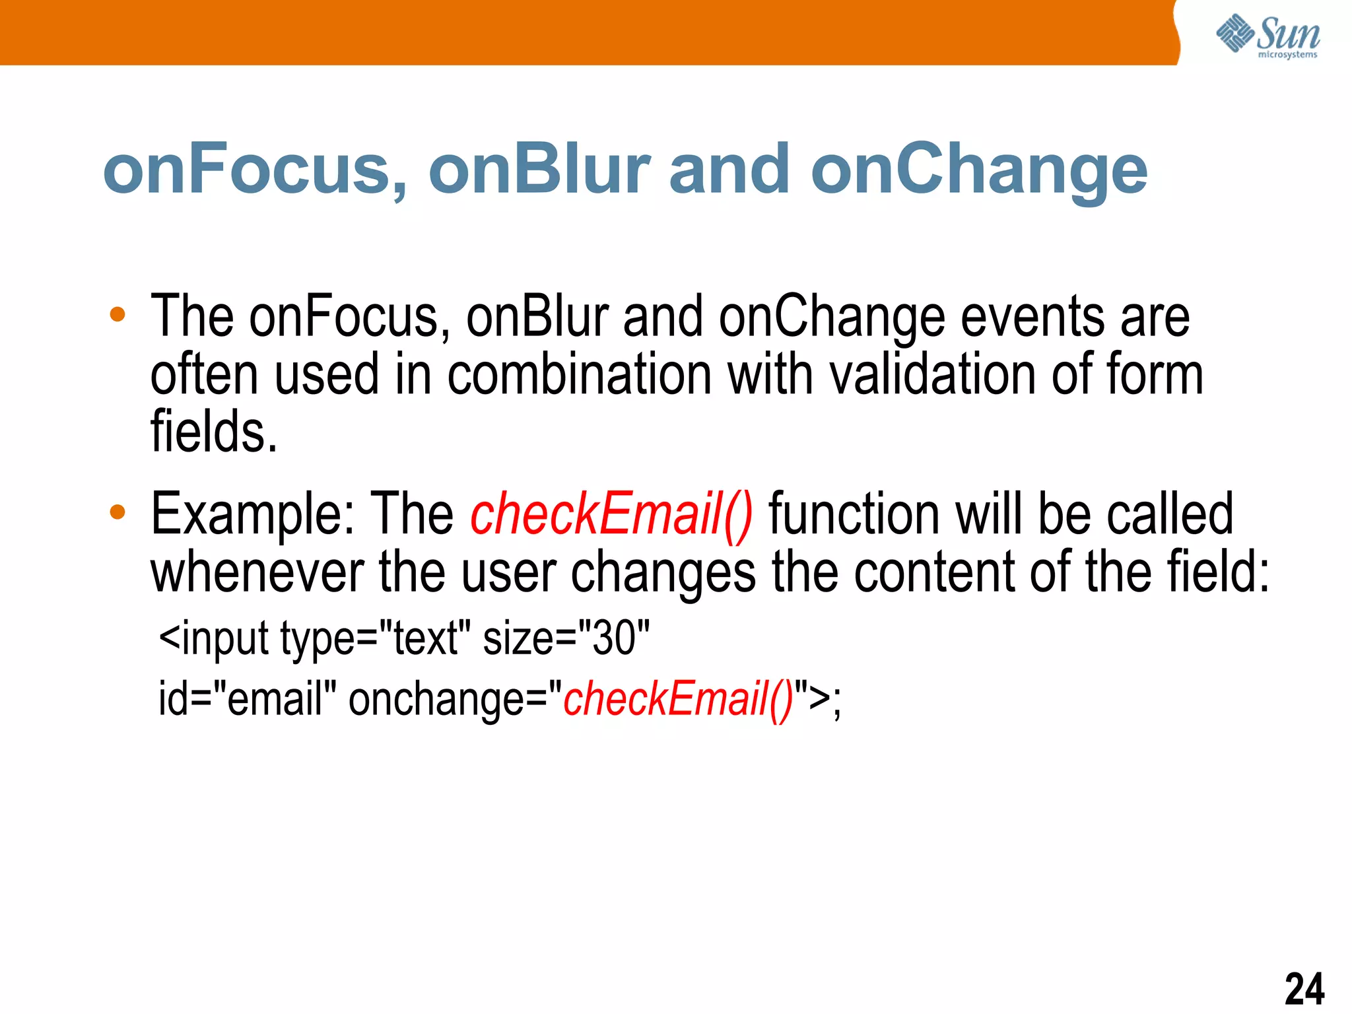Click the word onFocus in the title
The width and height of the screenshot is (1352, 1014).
[x=254, y=170]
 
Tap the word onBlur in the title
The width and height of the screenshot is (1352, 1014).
[x=539, y=170]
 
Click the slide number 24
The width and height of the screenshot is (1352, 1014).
[x=1304, y=988]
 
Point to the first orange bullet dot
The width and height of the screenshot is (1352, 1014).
[x=118, y=315]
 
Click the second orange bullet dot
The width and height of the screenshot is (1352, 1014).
[x=118, y=512]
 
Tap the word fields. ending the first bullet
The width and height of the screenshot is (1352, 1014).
[x=214, y=432]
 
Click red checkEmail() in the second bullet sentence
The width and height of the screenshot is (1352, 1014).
[x=611, y=515]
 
